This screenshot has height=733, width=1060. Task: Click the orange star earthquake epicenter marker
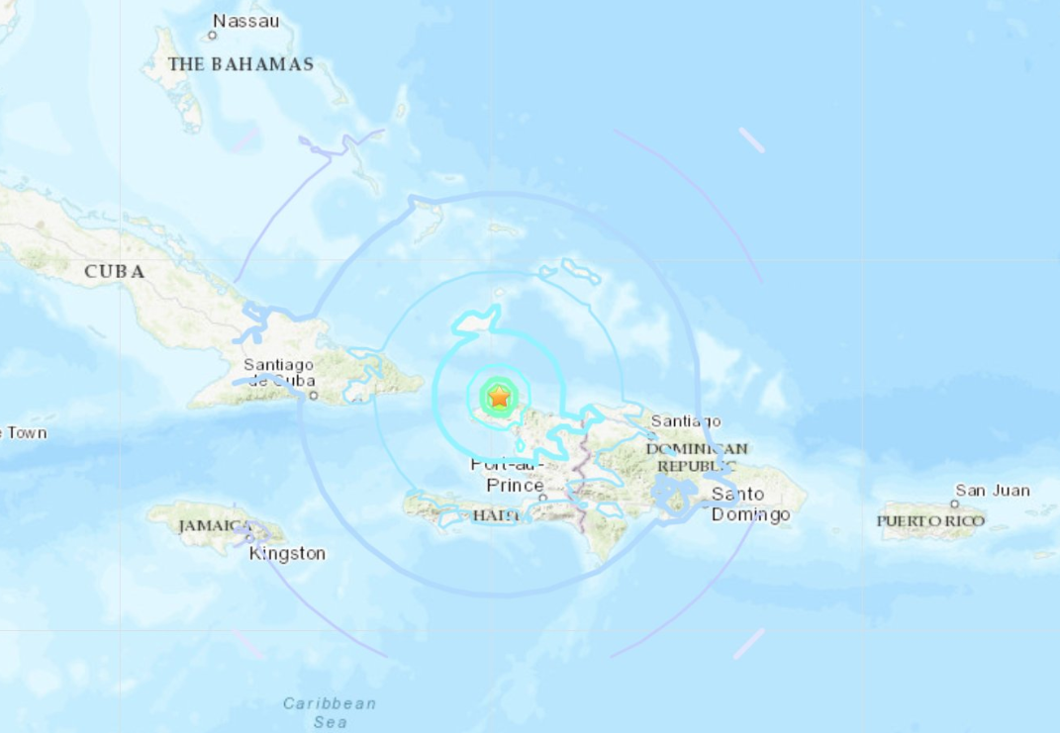(500, 398)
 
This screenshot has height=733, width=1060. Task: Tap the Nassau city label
(246, 20)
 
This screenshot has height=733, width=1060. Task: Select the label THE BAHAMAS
(241, 64)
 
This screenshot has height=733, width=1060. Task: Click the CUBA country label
(115, 271)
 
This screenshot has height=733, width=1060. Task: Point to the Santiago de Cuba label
(279, 372)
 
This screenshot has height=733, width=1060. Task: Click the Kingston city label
(287, 553)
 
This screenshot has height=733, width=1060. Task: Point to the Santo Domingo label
(751, 504)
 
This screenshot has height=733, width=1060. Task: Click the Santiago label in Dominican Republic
(686, 421)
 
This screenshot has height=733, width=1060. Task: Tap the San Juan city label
(992, 490)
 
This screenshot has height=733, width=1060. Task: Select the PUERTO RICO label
(931, 520)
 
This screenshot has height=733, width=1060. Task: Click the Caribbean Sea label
(330, 712)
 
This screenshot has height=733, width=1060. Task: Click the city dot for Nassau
(212, 36)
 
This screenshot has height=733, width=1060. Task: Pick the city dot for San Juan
(954, 504)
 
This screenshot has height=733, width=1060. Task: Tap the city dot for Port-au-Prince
(542, 498)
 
